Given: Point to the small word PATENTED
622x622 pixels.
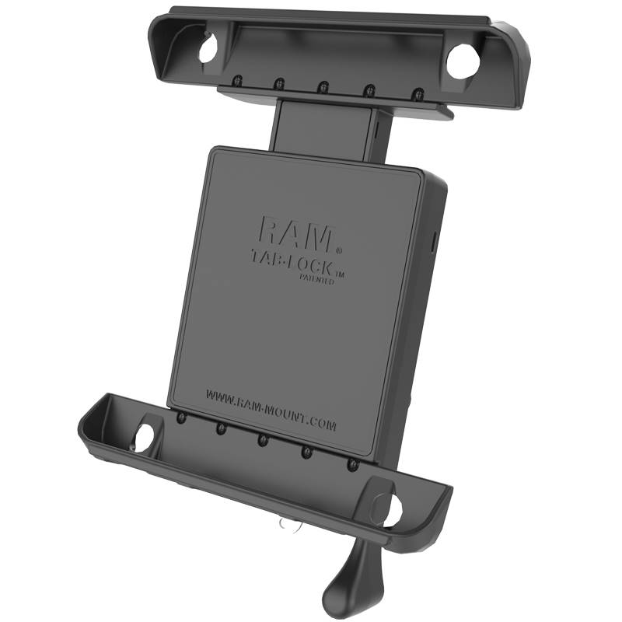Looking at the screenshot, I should click(x=320, y=281).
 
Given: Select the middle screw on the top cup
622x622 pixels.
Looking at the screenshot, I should click(x=322, y=86).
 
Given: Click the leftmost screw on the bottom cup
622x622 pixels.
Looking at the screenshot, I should click(x=180, y=418).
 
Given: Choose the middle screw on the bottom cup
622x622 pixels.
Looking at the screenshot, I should click(x=262, y=439).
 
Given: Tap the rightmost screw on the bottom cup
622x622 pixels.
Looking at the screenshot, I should click(x=353, y=463).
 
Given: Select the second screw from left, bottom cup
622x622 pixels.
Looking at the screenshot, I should click(x=222, y=428).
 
